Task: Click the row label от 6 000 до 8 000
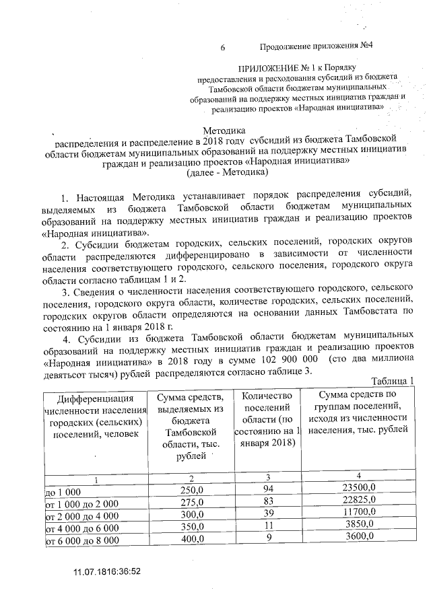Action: click(81, 540)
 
